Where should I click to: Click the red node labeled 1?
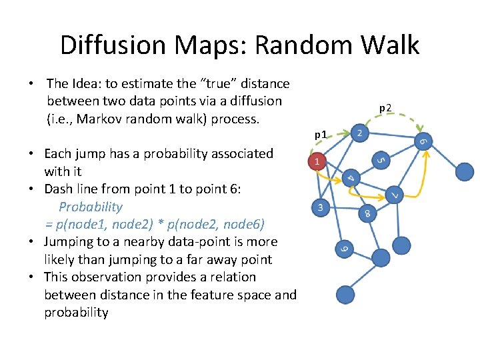click(318, 161)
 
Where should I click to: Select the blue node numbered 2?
click(359, 134)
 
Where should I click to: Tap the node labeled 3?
click(321, 207)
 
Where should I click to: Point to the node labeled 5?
click(379, 160)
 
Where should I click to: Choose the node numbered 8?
click(366, 214)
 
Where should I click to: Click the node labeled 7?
click(395, 195)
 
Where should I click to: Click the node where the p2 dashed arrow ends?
click(423, 141)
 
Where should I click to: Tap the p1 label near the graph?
click(321, 135)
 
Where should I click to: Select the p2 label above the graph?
click(386, 107)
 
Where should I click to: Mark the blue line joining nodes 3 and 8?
click(343, 211)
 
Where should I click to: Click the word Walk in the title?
click(387, 45)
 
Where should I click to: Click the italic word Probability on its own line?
click(91, 207)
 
